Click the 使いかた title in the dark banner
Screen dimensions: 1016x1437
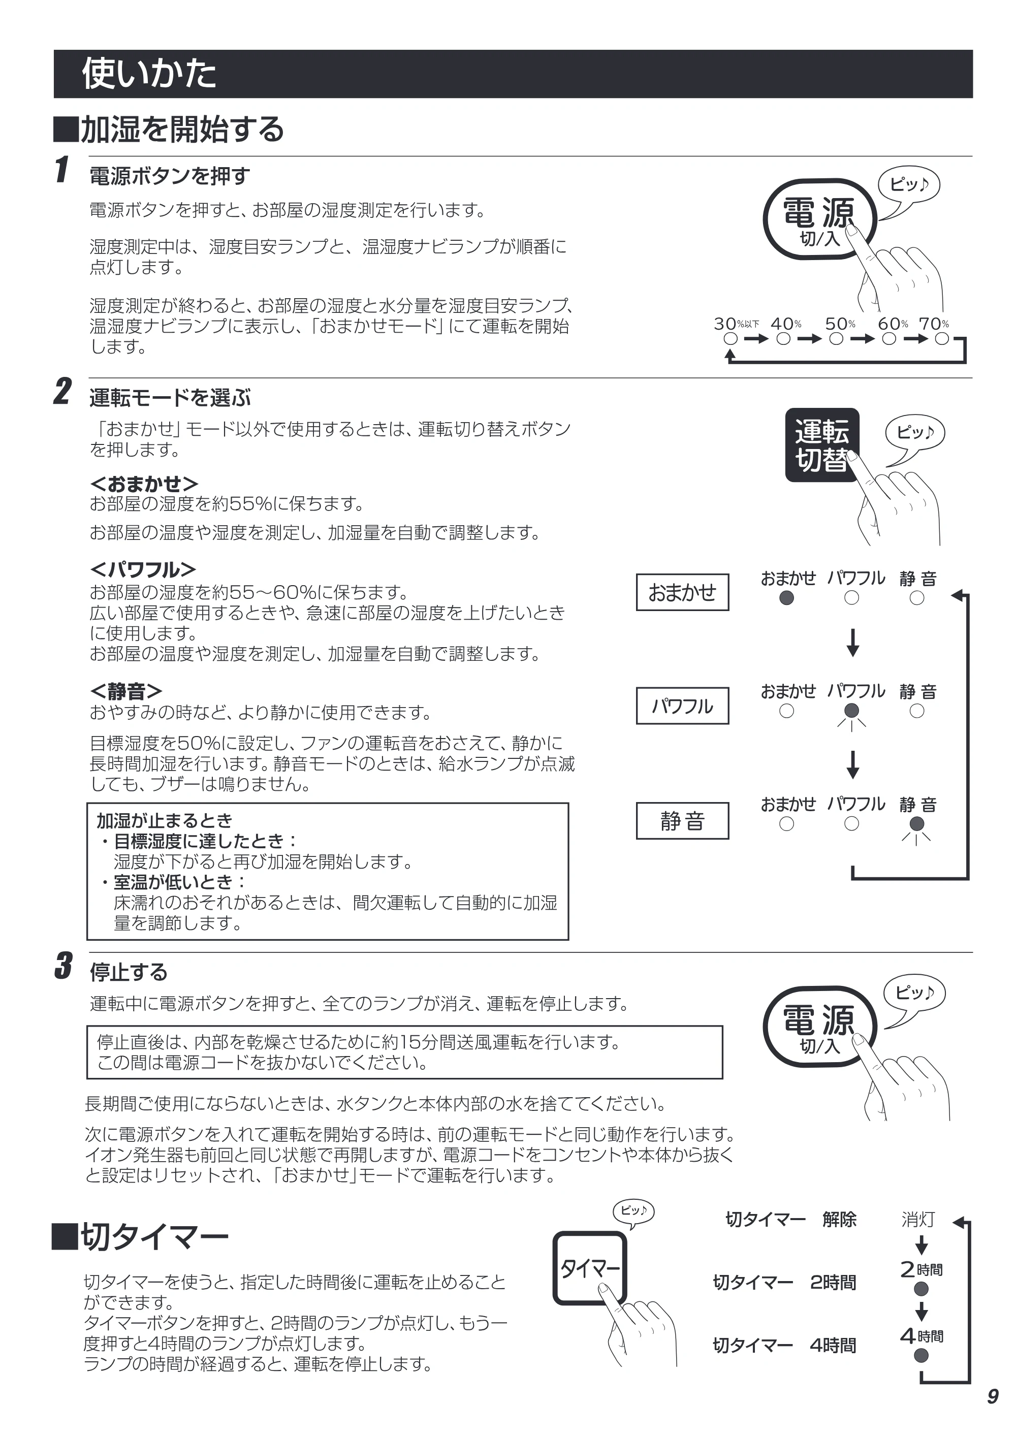[x=149, y=74]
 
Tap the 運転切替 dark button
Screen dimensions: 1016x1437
[x=822, y=445]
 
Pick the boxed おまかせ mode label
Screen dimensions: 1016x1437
[x=682, y=592]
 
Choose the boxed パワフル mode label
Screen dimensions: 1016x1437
[x=682, y=706]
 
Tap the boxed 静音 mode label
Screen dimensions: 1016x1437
[x=682, y=820]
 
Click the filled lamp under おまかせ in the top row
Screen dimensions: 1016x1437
[x=787, y=598]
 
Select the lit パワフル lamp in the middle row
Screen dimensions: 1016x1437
[x=851, y=711]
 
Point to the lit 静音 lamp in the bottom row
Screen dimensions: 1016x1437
[x=916, y=824]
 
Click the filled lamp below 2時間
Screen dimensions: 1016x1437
[x=921, y=1289]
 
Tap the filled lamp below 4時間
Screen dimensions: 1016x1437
[x=921, y=1356]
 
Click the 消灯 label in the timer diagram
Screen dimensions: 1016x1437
[x=918, y=1219]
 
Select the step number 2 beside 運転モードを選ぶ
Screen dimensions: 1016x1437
[x=62, y=392]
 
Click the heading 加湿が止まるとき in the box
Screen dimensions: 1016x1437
[x=164, y=820]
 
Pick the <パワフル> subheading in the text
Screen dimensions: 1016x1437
[x=143, y=569]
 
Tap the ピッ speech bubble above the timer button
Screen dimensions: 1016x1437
[x=633, y=1211]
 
